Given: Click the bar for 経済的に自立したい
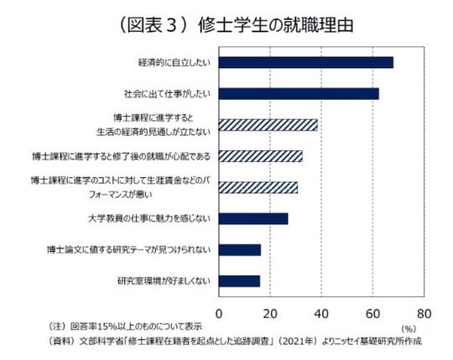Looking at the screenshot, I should coord(305,62).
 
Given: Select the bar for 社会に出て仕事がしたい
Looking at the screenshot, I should coord(299,93).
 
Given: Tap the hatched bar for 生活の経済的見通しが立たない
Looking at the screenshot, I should coord(268,125).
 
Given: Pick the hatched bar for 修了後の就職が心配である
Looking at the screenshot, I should coord(260,156).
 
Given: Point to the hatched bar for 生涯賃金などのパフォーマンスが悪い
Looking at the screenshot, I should coord(258,187).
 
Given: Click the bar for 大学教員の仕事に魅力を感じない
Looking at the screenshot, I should coord(253,218).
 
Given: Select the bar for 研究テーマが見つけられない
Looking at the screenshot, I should coord(239,249).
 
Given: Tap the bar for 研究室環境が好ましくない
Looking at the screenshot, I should coord(239,280).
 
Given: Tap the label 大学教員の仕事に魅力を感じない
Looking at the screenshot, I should coord(148,218).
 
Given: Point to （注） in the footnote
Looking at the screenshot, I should coord(60,326).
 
